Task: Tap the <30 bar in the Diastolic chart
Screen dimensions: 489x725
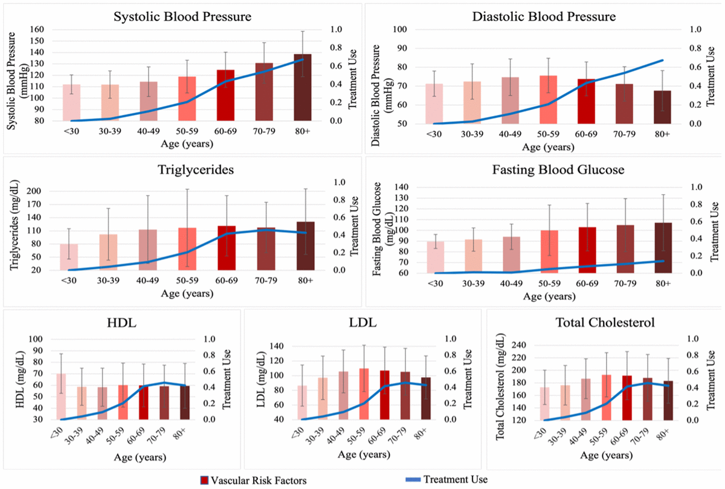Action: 434,103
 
